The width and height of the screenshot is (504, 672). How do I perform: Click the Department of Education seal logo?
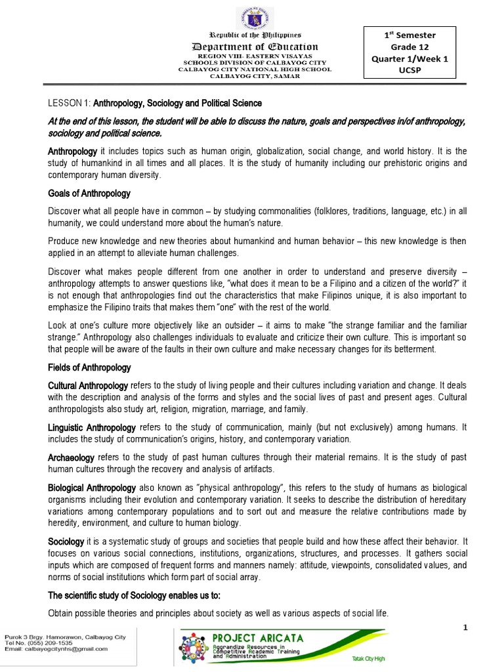tap(254, 14)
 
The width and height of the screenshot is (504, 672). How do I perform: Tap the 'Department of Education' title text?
tap(254, 47)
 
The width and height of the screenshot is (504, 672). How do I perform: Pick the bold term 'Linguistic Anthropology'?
tap(93, 427)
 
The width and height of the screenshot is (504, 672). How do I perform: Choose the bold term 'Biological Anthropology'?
tap(93, 488)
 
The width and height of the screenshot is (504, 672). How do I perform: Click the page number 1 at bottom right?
tap(464, 628)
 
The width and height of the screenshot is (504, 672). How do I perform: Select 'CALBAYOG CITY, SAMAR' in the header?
tap(254, 75)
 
